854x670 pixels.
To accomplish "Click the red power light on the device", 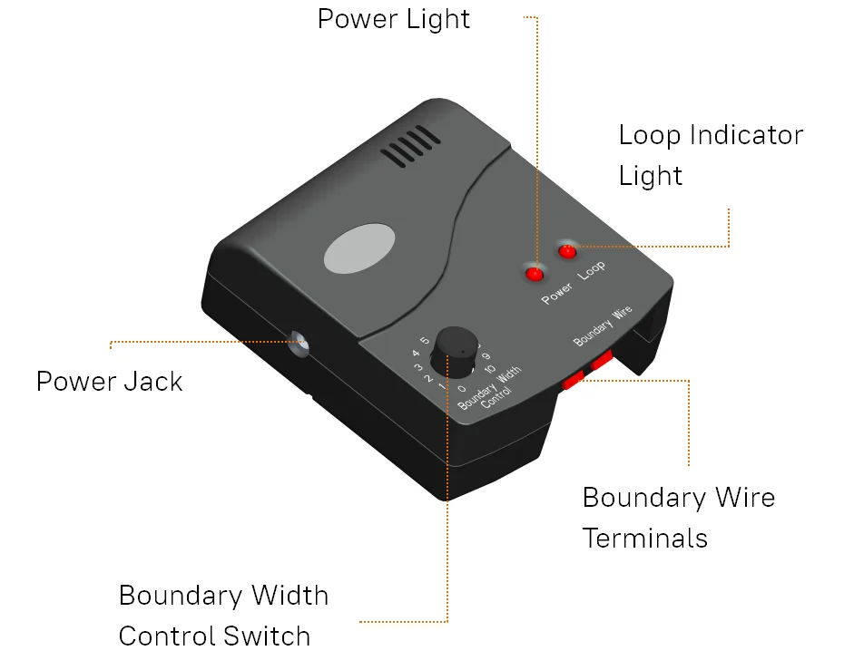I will point(534,273).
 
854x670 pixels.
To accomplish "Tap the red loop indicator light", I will point(568,250).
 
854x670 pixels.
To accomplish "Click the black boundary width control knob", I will point(455,352).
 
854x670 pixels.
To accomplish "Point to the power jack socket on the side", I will point(299,344).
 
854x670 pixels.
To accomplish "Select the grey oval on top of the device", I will point(359,248).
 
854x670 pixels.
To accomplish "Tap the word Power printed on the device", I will point(557,293).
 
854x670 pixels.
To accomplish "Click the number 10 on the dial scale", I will point(490,369).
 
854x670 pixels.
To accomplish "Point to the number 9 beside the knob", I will point(486,356).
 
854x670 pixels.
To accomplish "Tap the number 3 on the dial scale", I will point(419,367).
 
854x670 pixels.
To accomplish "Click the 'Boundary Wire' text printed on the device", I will point(603,327).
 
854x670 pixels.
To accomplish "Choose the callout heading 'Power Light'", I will point(394,19).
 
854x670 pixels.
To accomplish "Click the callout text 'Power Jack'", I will point(109,381).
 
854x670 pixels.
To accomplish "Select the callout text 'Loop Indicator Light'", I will point(710,155).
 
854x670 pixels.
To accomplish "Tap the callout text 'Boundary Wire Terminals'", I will point(678,518).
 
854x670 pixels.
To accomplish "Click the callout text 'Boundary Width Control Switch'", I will point(223,616).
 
